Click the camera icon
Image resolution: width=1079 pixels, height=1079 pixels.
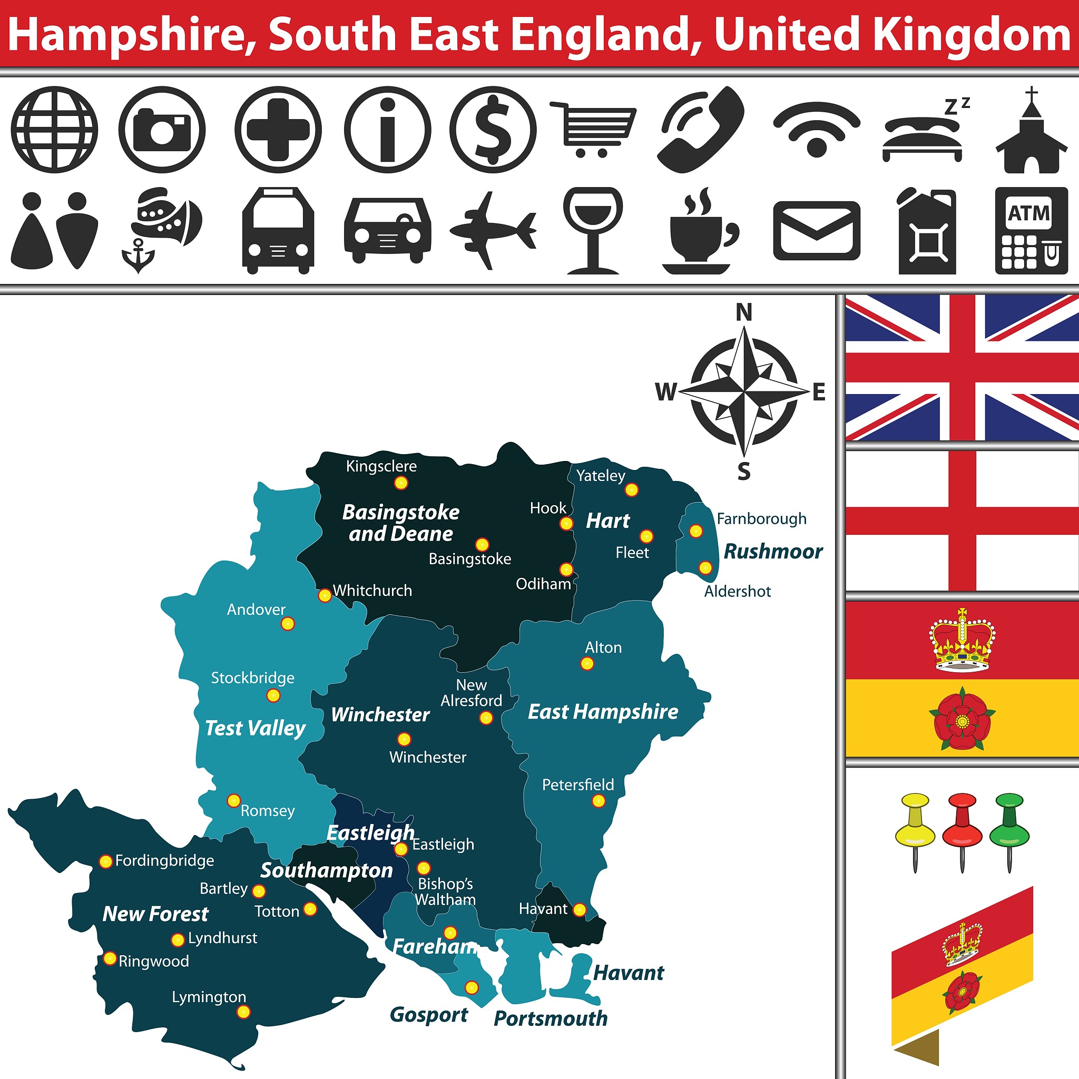click(x=162, y=130)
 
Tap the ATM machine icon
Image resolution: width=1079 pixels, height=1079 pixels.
click(x=1032, y=231)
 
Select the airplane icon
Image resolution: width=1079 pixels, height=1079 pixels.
click(x=493, y=230)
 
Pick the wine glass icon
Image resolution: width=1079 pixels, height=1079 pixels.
click(x=593, y=230)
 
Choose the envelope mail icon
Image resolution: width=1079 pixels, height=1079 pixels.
click(x=817, y=231)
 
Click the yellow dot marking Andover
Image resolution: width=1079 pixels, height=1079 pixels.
click(x=288, y=624)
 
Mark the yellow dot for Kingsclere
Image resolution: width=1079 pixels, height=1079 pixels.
click(x=401, y=483)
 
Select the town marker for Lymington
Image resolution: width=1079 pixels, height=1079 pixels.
click(x=243, y=1012)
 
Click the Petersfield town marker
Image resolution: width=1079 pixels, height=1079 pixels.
click(x=598, y=801)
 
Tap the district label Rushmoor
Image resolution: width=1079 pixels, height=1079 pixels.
click(x=773, y=552)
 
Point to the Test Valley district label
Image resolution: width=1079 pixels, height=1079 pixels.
click(x=255, y=728)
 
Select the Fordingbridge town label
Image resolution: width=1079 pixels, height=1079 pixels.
click(x=164, y=861)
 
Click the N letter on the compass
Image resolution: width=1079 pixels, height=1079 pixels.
click(x=744, y=312)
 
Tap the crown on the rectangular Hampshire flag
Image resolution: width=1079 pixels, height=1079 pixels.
click(x=962, y=640)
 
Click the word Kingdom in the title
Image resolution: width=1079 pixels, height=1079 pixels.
click(x=971, y=35)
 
